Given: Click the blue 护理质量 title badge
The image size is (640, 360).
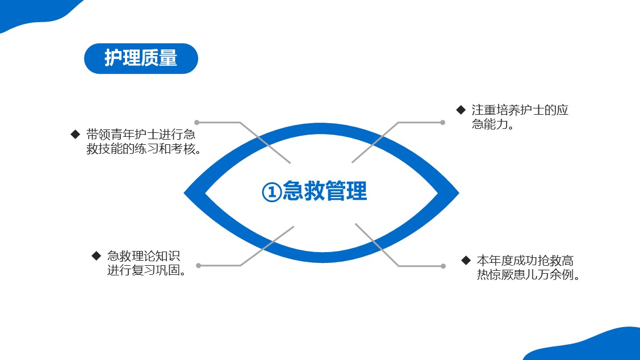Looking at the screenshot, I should pos(141,58).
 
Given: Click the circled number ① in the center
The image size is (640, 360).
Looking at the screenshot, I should pos(271,192).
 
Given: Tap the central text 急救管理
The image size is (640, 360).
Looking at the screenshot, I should pos(325,191).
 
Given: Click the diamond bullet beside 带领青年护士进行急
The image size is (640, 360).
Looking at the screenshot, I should pos(75,135).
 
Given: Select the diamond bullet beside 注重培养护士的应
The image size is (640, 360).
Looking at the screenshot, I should pos(461,110).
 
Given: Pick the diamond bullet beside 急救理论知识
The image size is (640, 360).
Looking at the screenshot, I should pos(96,256).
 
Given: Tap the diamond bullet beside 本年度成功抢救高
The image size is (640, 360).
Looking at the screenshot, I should pos(466,261).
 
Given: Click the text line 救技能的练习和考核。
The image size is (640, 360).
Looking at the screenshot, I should pos(144,149).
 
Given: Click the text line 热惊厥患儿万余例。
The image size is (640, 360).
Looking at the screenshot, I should pos(528,275).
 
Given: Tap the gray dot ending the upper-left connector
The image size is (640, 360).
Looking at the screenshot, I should pos(197,122).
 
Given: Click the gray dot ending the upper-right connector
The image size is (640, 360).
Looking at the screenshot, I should pos(443,122).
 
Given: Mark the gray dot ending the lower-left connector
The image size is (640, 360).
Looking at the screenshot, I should pos(198,265).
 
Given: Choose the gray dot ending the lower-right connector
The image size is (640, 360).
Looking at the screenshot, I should pos(443,266).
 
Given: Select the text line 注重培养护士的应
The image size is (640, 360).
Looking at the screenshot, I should pos(520,110).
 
